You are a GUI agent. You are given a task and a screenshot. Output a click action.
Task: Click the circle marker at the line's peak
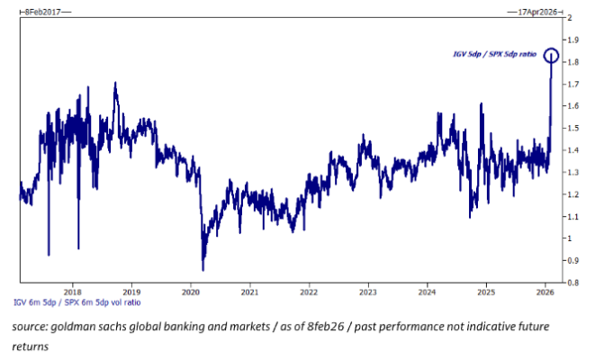[x=552, y=56]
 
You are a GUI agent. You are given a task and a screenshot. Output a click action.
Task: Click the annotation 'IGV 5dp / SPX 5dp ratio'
[x=494, y=55]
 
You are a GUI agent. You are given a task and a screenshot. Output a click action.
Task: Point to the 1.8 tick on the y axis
[x=571, y=62]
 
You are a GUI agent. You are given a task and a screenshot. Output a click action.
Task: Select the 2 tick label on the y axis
[x=568, y=18]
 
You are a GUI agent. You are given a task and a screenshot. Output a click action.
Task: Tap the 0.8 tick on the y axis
[x=571, y=283]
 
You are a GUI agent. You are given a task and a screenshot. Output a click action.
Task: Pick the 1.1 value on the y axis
[x=571, y=217]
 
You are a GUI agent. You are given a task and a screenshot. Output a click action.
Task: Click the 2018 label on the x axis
[x=73, y=292]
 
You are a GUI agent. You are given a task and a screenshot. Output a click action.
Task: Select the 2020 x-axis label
[x=191, y=292]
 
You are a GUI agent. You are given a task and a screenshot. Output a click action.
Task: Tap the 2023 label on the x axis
[x=367, y=292]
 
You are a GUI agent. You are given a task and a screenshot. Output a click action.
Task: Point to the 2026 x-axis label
[x=545, y=292]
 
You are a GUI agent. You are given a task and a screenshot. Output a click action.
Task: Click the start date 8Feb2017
[x=42, y=10]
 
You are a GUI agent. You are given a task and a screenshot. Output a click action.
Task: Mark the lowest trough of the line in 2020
[x=203, y=269]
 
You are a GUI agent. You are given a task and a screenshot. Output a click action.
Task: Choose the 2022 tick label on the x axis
[x=309, y=292]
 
